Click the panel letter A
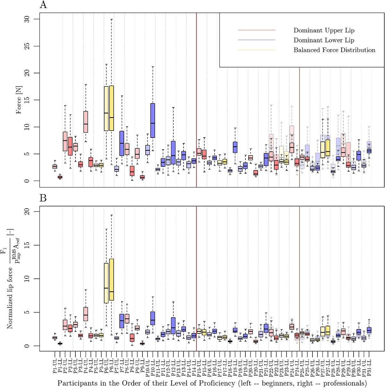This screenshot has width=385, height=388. pos(43,5)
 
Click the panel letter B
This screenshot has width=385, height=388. pos(43,198)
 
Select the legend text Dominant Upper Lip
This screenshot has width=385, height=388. pos(324,31)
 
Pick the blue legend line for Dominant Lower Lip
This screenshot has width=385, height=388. pos(257,40)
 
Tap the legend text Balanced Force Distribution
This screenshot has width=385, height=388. pos(334,50)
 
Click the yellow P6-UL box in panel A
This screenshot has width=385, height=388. pos(106,108)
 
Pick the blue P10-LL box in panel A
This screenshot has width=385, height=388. pos(153,121)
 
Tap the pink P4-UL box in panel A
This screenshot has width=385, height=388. pos(86,122)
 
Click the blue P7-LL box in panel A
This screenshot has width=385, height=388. pos(122,143)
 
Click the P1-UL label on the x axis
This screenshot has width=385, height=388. pos(55,366)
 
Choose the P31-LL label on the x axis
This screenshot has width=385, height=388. pos(369,366)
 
